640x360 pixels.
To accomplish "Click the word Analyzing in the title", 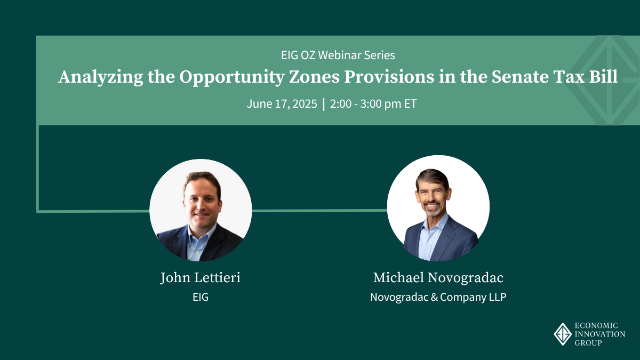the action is coord(101,77).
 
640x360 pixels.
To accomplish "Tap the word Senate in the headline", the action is coord(520,77).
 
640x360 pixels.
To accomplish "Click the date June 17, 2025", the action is coord(282,103).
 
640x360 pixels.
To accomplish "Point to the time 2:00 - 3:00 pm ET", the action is coord(373,103).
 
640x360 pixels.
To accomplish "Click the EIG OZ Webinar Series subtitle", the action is coord(338,55).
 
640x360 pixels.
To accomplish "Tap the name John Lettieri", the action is coord(201,278).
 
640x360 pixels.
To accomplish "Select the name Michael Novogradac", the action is coord(438,278).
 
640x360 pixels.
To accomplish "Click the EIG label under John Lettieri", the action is coord(201,297).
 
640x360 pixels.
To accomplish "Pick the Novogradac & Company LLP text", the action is coord(438,297).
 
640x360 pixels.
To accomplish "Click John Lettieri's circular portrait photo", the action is coord(201,210).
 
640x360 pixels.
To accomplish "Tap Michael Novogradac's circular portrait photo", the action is coord(438,208).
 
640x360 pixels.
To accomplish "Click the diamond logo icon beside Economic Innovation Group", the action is coord(563,334).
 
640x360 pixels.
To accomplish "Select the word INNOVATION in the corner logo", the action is coord(600,334).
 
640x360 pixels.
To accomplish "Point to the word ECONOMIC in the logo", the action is coord(596,325).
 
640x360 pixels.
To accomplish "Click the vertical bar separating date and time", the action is coord(323,104).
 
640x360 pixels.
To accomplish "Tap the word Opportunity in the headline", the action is coord(231,77).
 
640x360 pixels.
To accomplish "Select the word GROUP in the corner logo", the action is coord(588,343).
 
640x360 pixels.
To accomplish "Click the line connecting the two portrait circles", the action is coord(319,211).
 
